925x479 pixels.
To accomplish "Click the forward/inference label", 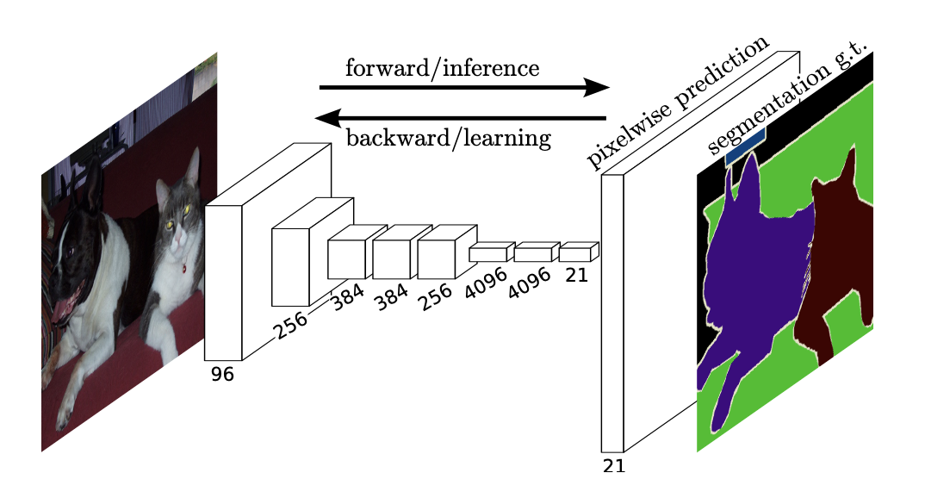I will pos(442,68).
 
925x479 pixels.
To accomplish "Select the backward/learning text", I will pos(448,138).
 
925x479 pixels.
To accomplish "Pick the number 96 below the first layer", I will pos(222,375).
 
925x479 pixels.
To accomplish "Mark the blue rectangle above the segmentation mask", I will pos(745,145).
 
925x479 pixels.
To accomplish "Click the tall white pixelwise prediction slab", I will pos(612,310).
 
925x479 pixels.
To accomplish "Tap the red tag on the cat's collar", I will pos(183,269).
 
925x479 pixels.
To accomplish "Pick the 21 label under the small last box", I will pos(577,276).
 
